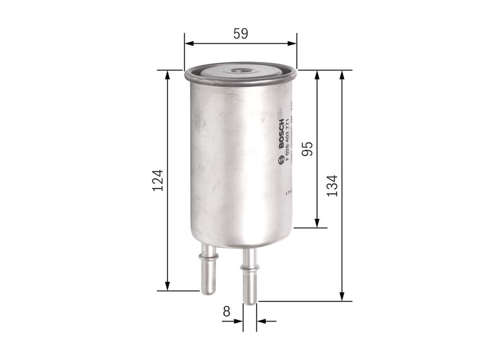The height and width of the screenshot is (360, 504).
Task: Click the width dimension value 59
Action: coord(240,34)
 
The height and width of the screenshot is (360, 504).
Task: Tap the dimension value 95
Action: coord(307,149)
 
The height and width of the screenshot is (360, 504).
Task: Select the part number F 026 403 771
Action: coord(288,140)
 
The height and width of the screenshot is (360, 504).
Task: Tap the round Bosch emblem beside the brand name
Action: coord(281,160)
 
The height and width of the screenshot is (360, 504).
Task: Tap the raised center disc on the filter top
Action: coord(239,71)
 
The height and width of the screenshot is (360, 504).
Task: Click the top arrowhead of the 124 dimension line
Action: coord(168,74)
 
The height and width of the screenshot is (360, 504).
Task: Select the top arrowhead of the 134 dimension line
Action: coord(342,74)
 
